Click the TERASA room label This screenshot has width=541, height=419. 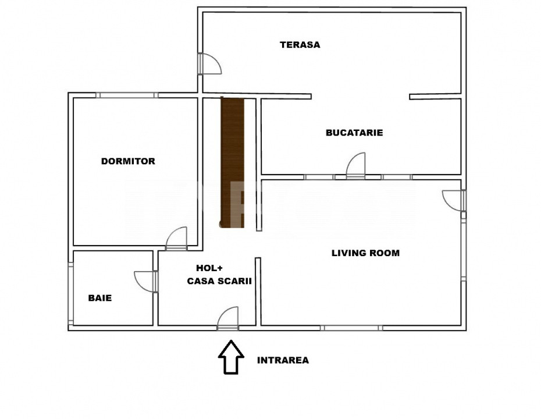tap(300, 45)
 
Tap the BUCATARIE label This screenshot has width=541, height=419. tap(354, 133)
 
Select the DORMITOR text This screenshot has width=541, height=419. tap(128, 161)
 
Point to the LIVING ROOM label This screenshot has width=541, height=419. tap(365, 253)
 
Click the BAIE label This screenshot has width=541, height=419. tap(99, 298)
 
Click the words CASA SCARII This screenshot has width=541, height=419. tap(219, 281)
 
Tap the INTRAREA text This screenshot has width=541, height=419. tap(283, 360)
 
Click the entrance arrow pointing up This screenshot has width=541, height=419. tap(231, 357)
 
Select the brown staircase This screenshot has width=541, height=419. tap(232, 163)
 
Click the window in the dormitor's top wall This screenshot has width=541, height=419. tap(127, 95)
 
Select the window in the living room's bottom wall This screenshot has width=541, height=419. tap(351, 328)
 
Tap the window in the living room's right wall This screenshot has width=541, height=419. tap(464, 250)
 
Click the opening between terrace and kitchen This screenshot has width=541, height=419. tap(360, 96)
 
